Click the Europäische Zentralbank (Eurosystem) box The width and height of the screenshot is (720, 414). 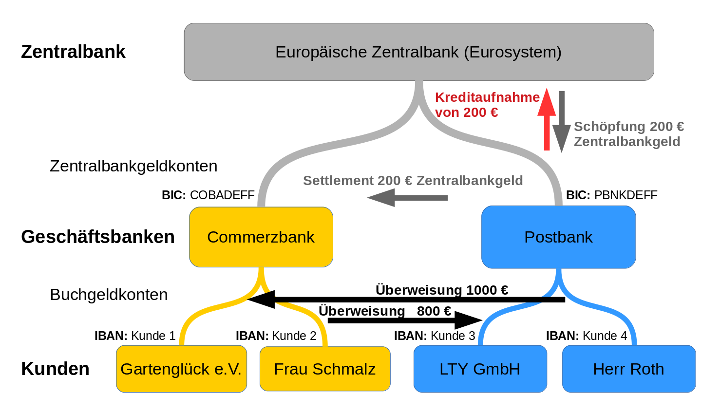(x=419, y=52)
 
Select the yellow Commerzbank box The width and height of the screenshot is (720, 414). (x=261, y=237)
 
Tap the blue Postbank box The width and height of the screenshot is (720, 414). (x=558, y=237)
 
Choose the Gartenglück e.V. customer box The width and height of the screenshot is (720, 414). (x=181, y=369)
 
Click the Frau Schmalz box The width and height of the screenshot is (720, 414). (x=325, y=369)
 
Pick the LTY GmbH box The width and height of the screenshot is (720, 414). (x=480, y=369)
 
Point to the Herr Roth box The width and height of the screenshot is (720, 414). (x=628, y=369)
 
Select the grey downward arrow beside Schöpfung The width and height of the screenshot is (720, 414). (x=562, y=122)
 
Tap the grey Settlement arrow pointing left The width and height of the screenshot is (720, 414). (x=407, y=198)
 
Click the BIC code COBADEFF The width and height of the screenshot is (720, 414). (x=222, y=195)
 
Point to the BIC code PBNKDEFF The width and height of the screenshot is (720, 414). (x=626, y=195)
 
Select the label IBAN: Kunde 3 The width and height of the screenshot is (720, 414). (x=435, y=336)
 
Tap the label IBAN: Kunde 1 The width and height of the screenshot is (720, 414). (x=135, y=336)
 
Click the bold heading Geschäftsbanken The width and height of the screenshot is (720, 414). (x=98, y=237)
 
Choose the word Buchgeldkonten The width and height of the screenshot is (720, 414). (x=109, y=295)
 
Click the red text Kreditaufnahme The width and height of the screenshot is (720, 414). (x=487, y=97)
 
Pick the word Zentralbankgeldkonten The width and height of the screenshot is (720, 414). (x=133, y=166)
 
